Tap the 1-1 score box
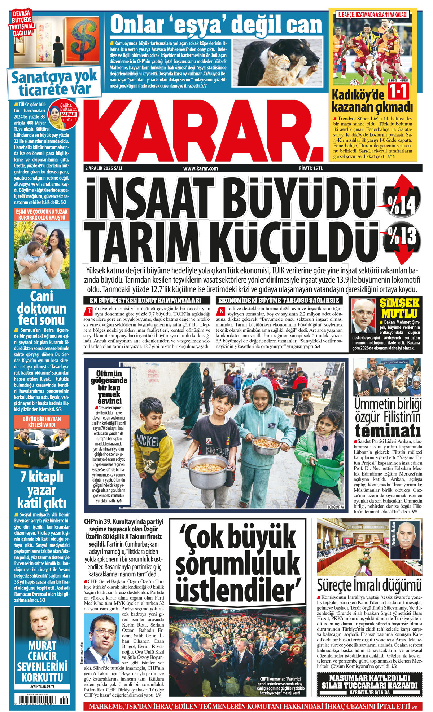398,92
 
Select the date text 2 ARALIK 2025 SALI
104,168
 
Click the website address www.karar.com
201,168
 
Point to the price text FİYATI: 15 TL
311,168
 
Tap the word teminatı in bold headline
388,431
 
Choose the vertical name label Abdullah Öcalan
393,535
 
